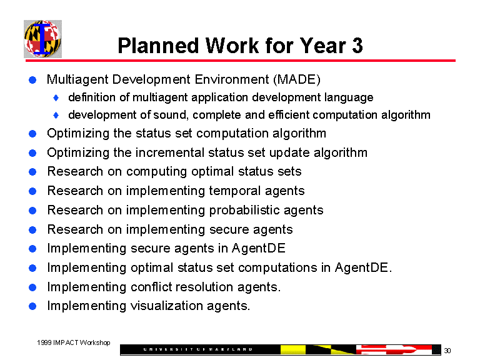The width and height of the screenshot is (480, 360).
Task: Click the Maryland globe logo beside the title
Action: click(42, 39)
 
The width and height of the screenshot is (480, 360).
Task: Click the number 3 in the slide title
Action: click(357, 46)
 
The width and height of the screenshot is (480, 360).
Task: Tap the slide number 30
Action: click(447, 350)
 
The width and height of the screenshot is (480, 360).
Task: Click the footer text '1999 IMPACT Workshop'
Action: click(73, 342)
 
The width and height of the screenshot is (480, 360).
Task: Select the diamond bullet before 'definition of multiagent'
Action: click(56, 98)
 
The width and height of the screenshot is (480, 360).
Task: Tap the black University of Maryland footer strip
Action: click(200, 349)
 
